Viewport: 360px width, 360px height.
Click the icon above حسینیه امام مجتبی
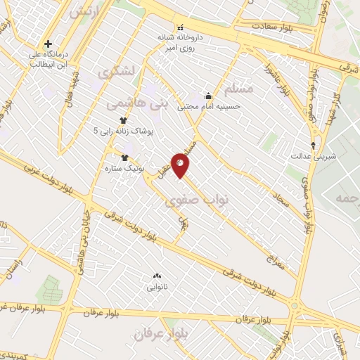[x=208, y=96]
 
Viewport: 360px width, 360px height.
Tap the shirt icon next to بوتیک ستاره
[x=125, y=157]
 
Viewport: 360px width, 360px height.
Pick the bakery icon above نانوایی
[x=156, y=276]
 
